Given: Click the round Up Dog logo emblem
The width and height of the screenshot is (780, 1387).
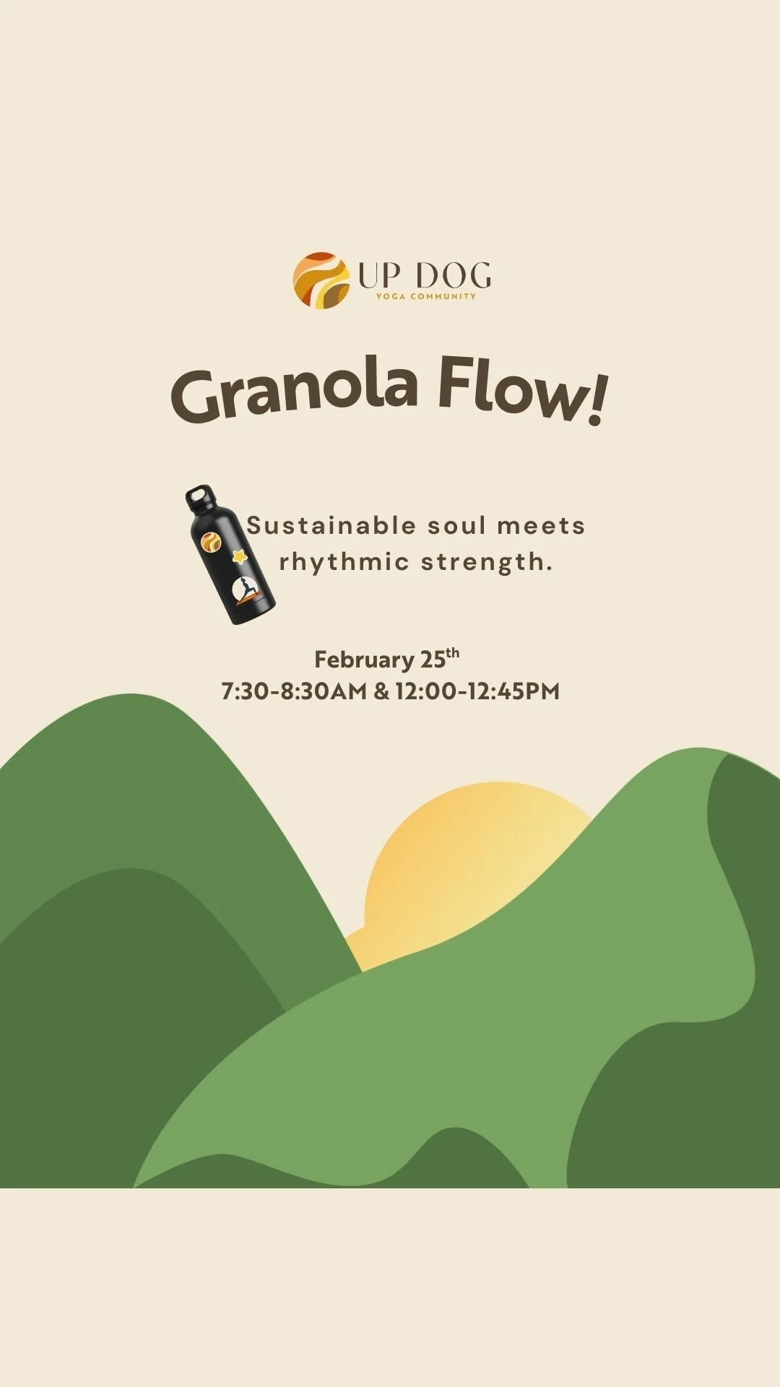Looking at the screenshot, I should click(x=321, y=280).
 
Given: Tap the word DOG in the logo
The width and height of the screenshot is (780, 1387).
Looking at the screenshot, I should click(x=454, y=275).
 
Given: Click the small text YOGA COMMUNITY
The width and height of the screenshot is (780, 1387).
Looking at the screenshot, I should click(x=425, y=296).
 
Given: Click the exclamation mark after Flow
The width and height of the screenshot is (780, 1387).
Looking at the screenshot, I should click(x=597, y=402).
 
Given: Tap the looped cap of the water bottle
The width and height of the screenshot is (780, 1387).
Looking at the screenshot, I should click(x=200, y=498).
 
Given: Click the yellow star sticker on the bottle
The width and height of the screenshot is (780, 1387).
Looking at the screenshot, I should click(x=239, y=556).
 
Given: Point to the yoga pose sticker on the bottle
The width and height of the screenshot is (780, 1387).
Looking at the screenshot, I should click(x=247, y=591).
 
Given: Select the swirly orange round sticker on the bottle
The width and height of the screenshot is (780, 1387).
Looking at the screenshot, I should click(x=211, y=541).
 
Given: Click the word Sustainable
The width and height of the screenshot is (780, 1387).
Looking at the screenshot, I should click(x=331, y=526).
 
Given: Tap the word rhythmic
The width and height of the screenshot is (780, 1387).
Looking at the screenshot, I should click(x=344, y=562).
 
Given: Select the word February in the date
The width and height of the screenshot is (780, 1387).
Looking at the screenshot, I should click(x=363, y=660).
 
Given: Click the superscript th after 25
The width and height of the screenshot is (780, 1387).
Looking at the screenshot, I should click(x=452, y=653).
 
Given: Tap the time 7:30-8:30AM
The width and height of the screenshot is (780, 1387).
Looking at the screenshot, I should click(x=294, y=691).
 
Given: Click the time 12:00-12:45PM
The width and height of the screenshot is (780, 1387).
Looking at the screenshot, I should click(x=477, y=691).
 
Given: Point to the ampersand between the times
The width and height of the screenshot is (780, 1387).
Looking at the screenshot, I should click(x=381, y=691).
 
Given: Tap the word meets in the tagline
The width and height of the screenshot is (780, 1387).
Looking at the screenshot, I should click(x=541, y=526).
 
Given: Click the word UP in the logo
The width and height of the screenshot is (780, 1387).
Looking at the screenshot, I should click(x=378, y=275).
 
